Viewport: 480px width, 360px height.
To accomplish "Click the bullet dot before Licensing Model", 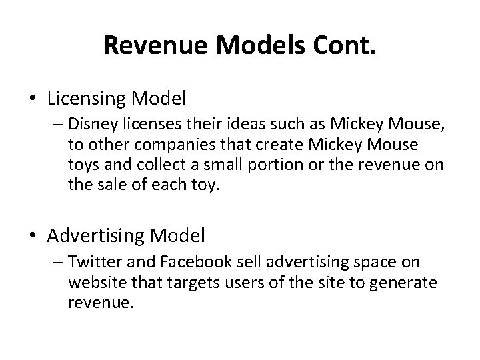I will tap(32, 99).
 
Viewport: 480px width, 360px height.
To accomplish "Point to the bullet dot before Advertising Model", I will tap(32, 235).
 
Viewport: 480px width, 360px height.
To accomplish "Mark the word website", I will tap(93, 283).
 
